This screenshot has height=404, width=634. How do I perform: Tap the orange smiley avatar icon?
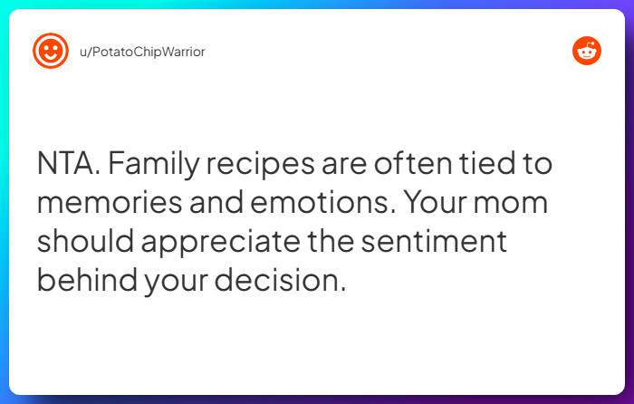pos(51,51)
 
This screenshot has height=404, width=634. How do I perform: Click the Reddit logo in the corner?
pos(587,51)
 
